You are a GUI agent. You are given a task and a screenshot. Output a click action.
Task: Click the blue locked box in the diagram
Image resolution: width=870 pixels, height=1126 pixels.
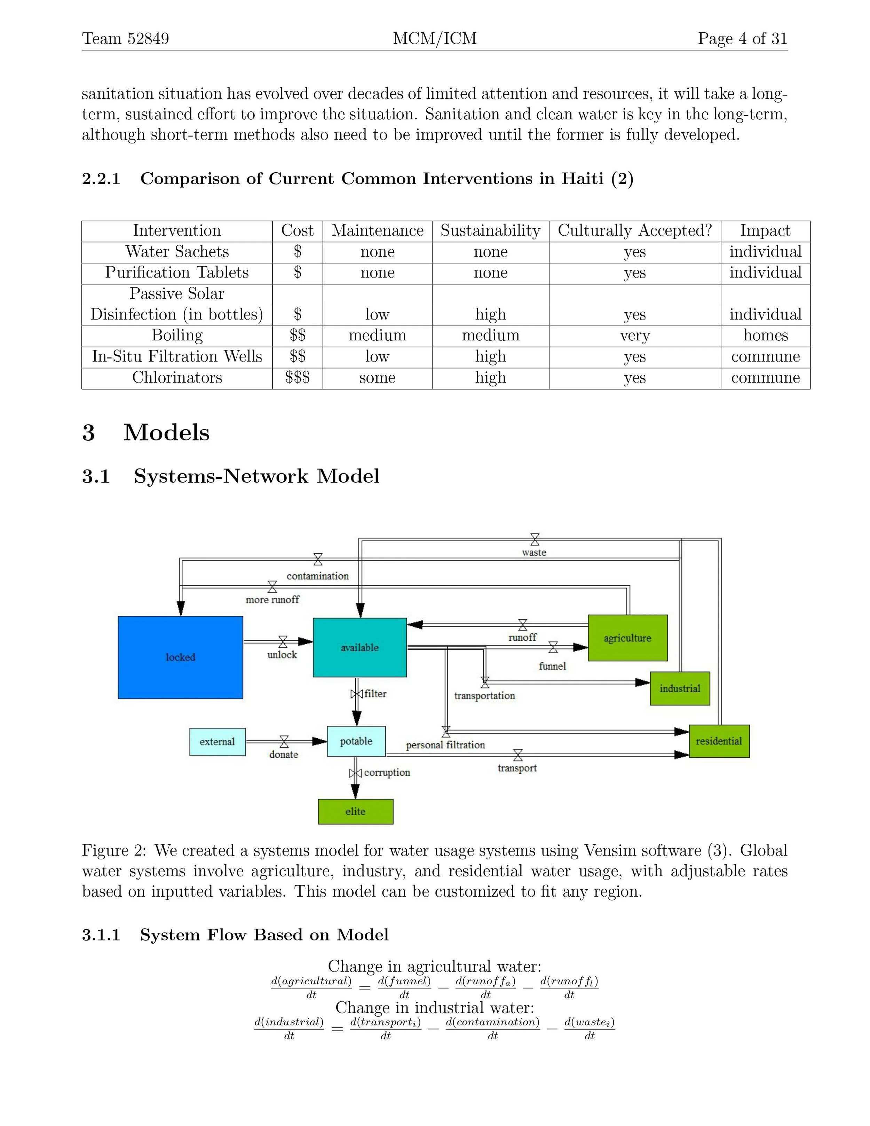180,658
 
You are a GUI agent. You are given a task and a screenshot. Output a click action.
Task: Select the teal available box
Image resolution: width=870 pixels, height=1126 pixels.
360,647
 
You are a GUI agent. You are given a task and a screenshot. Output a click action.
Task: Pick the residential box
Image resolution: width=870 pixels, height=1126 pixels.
719,741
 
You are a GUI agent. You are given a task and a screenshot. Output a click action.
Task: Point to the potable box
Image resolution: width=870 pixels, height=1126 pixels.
356,741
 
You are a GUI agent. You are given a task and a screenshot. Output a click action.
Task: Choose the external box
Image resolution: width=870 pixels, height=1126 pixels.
217,741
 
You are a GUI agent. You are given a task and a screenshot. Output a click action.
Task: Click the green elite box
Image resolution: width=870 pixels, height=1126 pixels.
356,811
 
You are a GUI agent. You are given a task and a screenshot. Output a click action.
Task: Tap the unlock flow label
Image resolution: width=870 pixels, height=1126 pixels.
282,655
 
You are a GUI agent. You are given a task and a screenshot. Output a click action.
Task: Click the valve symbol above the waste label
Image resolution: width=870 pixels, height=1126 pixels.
535,540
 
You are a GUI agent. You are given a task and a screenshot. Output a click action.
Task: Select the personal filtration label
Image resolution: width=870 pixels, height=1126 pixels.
445,745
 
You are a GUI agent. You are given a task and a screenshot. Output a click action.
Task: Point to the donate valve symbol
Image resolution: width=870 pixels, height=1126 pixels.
284,741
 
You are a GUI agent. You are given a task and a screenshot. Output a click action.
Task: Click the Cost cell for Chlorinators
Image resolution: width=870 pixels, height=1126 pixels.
298,378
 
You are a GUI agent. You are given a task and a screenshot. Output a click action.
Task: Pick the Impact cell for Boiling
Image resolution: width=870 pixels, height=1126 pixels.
765,336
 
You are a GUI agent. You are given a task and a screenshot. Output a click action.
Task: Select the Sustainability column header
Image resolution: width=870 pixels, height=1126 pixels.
490,230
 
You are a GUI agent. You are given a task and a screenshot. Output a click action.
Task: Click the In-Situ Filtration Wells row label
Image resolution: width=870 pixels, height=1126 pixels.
177,357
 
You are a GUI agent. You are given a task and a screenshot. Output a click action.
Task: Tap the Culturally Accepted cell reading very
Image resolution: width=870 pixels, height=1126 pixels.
634,336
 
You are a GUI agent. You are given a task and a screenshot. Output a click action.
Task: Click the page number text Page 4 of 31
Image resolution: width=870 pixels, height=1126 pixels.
742,38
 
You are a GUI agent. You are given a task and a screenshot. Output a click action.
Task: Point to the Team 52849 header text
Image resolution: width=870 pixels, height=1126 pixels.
125,38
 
